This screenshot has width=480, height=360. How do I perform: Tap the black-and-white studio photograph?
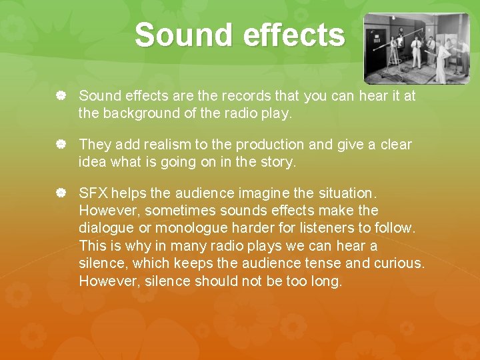click(x=416, y=48)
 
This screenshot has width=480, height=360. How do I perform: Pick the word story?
click(x=279, y=162)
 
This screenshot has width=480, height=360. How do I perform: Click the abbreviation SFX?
click(x=93, y=193)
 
